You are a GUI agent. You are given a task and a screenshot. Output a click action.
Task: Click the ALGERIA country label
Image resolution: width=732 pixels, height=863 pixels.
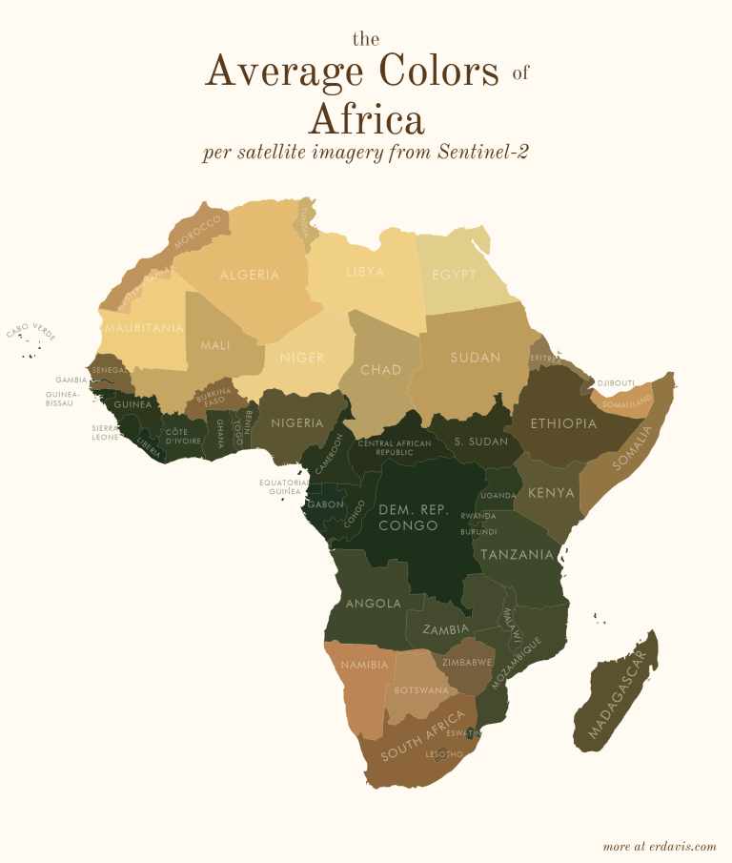pos(250,276)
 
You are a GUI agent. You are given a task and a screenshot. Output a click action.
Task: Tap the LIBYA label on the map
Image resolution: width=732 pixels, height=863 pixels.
pos(365,273)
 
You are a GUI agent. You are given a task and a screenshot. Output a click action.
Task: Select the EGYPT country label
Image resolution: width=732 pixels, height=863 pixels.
pos(454,276)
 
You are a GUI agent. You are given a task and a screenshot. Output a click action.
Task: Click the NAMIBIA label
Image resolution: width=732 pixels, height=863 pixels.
pos(364,665)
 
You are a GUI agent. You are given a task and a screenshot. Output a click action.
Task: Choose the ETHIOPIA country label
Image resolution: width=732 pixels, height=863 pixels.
pos(563,423)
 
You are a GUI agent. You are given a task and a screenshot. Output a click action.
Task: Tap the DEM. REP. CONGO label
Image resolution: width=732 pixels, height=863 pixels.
pos(414,518)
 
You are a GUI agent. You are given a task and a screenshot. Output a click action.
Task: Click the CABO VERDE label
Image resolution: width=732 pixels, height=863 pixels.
pos(31,331)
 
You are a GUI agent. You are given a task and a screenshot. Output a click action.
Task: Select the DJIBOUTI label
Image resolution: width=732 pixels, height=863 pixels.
pos(616,383)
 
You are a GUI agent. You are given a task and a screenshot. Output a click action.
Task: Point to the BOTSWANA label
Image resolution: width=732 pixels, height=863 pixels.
pos(421,690)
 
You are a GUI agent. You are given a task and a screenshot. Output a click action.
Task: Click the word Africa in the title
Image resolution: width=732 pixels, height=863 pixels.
pos(366,120)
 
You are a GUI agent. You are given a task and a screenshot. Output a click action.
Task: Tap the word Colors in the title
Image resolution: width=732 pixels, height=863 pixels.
pos(439,72)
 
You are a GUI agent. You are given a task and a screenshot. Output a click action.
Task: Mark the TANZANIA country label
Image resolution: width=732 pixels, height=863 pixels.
pos(517,554)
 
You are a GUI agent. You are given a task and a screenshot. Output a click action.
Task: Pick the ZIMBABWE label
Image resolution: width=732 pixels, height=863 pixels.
pos(467,661)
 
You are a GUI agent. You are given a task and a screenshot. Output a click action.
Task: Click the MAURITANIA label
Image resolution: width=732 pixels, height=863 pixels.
pos(144,328)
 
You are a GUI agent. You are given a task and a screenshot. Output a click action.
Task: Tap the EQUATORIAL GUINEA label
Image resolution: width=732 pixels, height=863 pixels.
pos(283,487)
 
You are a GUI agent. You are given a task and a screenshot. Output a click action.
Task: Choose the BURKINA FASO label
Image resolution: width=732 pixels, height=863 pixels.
pos(213,397)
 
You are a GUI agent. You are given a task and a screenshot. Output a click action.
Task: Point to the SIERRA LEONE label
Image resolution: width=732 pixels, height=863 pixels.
pos(105,433)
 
